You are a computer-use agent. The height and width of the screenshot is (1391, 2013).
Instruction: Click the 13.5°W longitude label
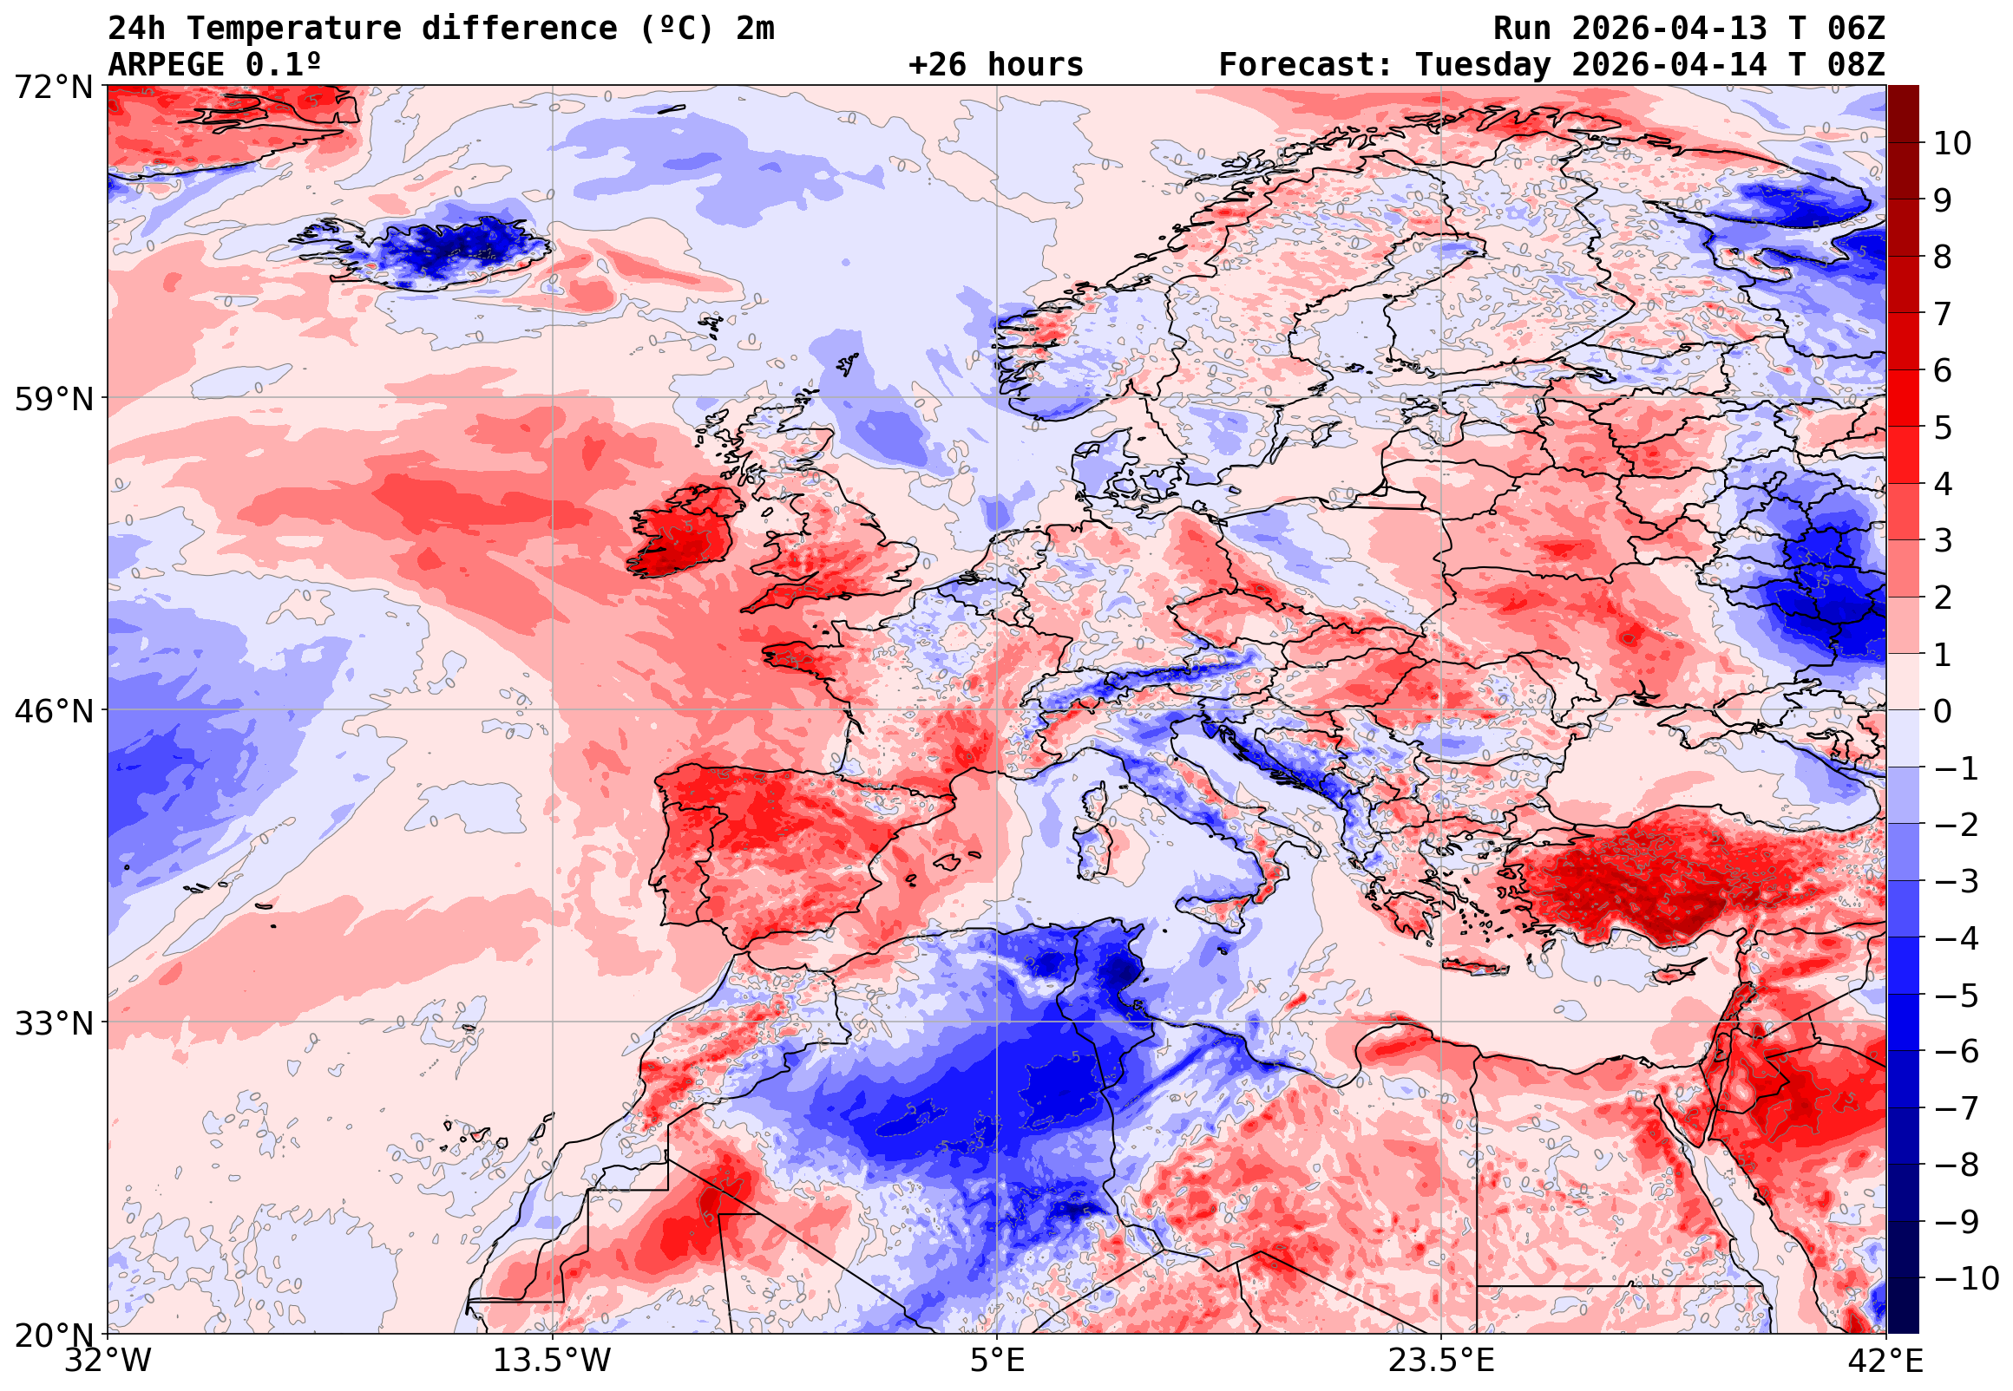pyautogui.click(x=553, y=1361)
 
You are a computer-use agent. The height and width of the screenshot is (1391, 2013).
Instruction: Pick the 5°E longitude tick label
pyautogui.click(x=997, y=1361)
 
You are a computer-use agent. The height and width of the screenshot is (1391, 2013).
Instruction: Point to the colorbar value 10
pyautogui.click(x=1953, y=143)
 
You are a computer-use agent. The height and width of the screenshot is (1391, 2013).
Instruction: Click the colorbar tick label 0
pyautogui.click(x=1943, y=711)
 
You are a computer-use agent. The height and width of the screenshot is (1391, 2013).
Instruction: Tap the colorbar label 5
pyautogui.click(x=1943, y=428)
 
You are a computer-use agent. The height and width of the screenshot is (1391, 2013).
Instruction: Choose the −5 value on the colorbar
pyautogui.click(x=1957, y=996)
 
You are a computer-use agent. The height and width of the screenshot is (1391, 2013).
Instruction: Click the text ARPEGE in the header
pyautogui.click(x=167, y=65)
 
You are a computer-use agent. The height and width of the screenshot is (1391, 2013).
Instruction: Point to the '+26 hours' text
pyautogui.click(x=995, y=65)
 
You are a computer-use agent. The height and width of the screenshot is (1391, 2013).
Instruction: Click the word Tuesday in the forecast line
pyautogui.click(x=1483, y=65)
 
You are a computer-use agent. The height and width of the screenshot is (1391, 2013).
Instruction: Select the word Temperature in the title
pyautogui.click(x=294, y=29)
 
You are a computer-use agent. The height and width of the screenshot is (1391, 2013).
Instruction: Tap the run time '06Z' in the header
pyautogui.click(x=1857, y=29)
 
